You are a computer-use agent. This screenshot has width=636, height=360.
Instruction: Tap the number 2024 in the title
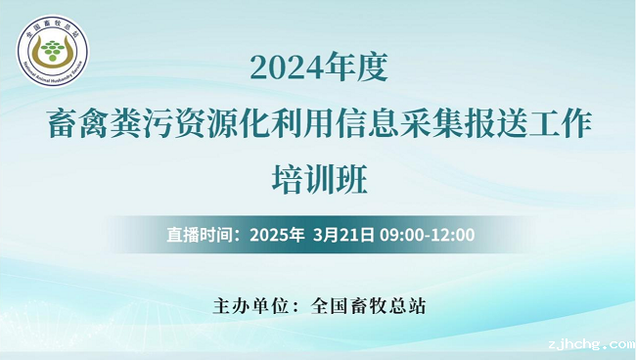pyautogui.click(x=284, y=67)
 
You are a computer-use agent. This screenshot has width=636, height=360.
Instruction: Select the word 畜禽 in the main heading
pyautogui.click(x=78, y=125)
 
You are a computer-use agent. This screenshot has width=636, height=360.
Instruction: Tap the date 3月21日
pyautogui.click(x=344, y=235)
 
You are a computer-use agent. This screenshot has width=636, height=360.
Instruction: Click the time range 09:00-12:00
pyautogui.click(x=428, y=235)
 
